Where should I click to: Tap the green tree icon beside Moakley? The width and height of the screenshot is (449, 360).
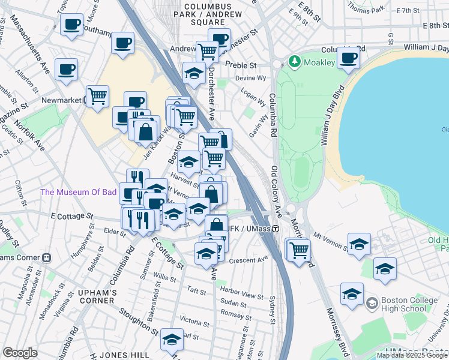tap(294, 61)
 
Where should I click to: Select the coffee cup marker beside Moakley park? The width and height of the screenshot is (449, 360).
tap(348, 58)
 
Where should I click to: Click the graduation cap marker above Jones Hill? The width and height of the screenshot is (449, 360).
tap(172, 339)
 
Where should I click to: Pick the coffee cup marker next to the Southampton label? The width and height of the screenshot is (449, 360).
tap(72, 24)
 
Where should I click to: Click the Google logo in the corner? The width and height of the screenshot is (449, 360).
tap(20, 353)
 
